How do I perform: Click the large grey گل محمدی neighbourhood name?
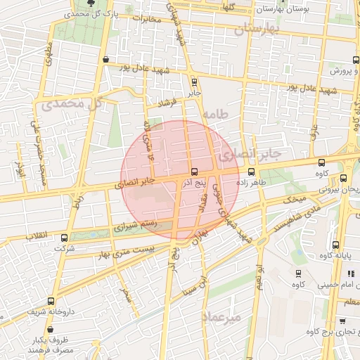point(72,103)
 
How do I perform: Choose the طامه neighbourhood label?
point(215,114)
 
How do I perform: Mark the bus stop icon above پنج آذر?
point(194,172)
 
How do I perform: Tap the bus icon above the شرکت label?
point(65,238)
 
